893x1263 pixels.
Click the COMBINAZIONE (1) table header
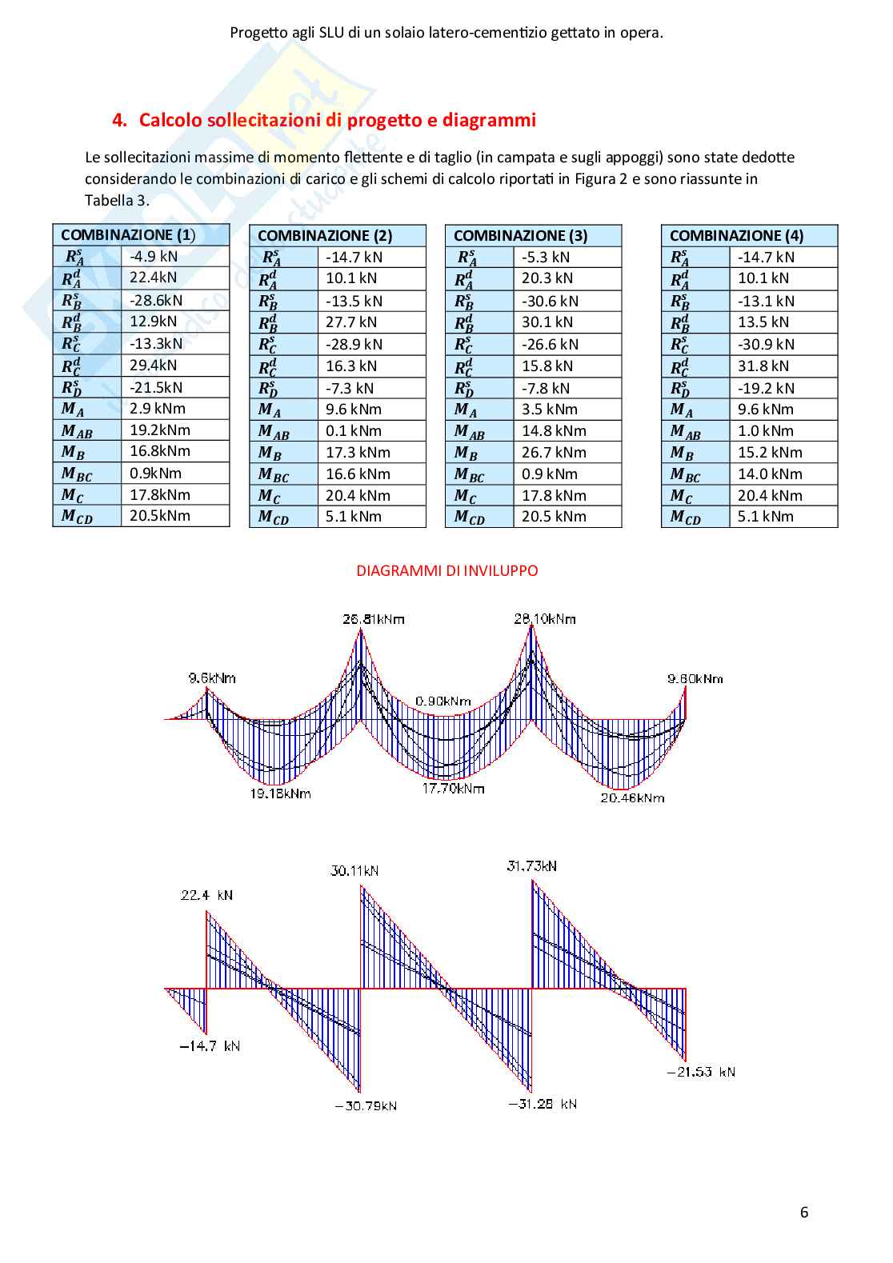[128, 235]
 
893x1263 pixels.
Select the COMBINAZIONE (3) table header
[520, 236]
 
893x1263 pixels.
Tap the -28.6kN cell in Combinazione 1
[156, 300]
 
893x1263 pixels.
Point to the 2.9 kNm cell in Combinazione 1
[158, 408]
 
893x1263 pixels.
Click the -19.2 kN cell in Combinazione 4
[766, 388]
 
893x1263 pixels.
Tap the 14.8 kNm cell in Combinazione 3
[554, 430]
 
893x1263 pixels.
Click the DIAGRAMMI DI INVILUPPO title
[446, 571]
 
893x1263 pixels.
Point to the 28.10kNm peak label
[545, 618]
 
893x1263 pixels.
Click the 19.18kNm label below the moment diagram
[279, 793]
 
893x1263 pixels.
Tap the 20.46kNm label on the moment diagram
[632, 797]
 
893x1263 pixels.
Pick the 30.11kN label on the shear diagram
[354, 870]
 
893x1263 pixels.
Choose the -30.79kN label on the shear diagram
[366, 1105]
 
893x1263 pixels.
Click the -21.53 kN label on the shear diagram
[701, 1072]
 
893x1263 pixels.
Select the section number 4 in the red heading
[119, 121]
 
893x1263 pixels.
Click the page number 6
[804, 1212]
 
